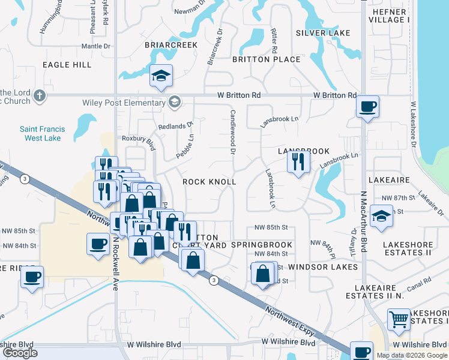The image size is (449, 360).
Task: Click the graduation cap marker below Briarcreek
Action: pos(161,76)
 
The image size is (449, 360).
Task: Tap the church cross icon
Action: pos(40,95)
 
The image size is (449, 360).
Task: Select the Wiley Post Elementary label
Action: pos(127,103)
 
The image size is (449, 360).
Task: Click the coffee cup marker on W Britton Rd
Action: pos(367,107)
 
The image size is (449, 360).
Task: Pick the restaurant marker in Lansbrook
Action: pos(298,161)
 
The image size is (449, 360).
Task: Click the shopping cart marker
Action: pos(399,319)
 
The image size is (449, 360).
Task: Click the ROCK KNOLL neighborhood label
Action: pos(209,181)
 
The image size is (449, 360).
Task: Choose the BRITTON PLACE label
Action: pos(266,59)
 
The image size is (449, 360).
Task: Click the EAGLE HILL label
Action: pos(67,64)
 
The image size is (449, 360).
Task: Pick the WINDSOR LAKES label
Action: pos(322,266)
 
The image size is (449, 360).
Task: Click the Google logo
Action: pos(20,353)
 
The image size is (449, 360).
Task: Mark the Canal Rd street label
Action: pos(419,281)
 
